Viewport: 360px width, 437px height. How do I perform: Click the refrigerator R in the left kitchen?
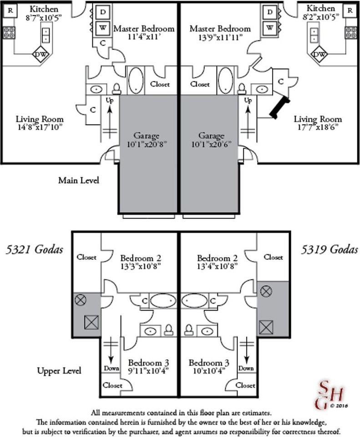click(x=10, y=10)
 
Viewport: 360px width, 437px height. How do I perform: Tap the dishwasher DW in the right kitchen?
click(x=320, y=54)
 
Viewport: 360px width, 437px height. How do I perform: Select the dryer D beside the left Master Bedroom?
click(x=103, y=12)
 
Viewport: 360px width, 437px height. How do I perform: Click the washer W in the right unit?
click(x=270, y=28)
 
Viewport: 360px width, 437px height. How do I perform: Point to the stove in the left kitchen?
click(x=9, y=33)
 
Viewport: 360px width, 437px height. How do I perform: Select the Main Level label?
click(x=79, y=180)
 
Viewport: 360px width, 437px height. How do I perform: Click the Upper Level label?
click(x=59, y=371)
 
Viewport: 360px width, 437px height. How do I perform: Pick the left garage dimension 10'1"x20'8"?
click(x=147, y=145)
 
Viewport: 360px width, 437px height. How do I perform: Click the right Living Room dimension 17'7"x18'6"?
click(x=318, y=127)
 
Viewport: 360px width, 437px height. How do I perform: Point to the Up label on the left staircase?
click(x=110, y=100)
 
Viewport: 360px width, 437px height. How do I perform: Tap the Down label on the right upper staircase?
click(x=246, y=368)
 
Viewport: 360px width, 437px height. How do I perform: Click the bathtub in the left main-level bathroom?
click(x=136, y=80)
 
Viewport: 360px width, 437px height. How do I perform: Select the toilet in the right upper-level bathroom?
click(x=189, y=330)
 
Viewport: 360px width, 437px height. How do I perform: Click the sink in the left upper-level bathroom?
click(x=150, y=331)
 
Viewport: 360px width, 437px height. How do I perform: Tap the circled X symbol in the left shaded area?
click(x=81, y=300)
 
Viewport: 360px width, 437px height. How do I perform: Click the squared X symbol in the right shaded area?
click(x=266, y=327)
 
